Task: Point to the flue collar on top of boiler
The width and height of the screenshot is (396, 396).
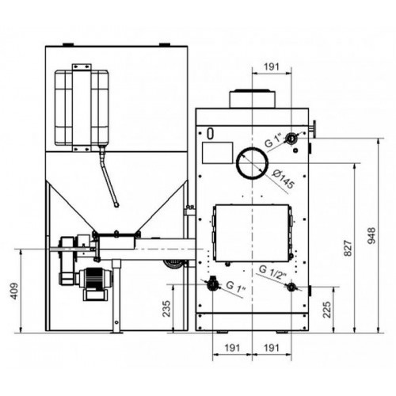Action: tap(253, 99)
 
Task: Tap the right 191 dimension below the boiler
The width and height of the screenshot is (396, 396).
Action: tap(272, 347)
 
